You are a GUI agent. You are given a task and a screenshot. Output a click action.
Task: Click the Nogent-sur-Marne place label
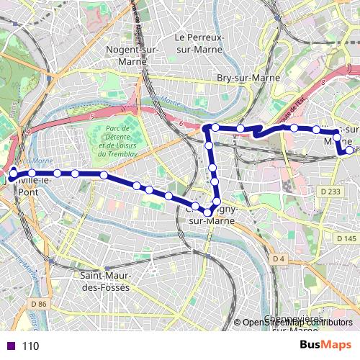[131, 54]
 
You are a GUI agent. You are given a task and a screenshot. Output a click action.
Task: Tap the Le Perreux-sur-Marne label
[200, 42]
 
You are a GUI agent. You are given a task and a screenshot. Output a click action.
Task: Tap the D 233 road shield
[330, 192]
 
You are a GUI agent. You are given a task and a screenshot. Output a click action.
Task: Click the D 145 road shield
[346, 238]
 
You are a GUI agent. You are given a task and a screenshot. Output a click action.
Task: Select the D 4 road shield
[279, 258]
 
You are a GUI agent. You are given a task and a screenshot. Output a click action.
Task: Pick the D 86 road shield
[39, 305]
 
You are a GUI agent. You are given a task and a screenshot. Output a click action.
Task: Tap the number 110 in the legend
[30, 346]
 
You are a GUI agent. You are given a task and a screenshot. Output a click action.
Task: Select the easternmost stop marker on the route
[349, 150]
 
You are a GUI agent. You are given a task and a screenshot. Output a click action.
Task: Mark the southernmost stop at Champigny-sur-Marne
[207, 212]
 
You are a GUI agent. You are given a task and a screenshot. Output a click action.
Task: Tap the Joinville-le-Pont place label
[29, 184]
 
